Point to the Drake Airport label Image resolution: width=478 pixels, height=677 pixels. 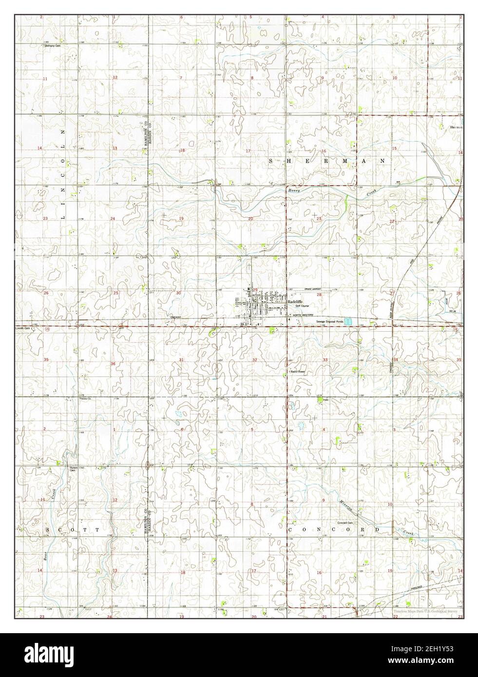(x=301, y=289)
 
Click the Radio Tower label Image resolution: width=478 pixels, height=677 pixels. (x=297, y=371)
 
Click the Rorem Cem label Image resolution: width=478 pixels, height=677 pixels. (x=72, y=469)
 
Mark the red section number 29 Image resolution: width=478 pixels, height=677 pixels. (x=255, y=290)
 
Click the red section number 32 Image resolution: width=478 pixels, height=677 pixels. (x=254, y=360)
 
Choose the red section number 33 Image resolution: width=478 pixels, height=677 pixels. (x=325, y=360)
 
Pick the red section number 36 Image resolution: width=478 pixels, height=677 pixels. (x=113, y=364)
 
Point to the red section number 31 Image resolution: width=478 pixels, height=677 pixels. (x=182, y=360)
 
